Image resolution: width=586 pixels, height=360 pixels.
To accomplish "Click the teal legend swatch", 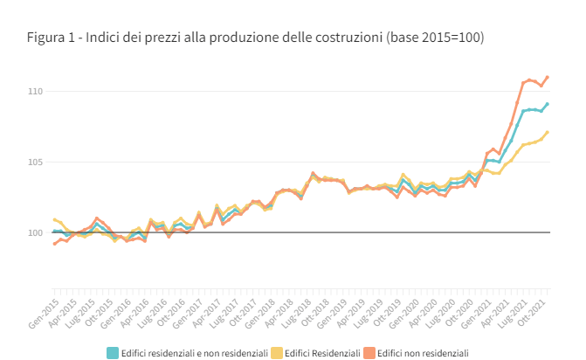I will pos(113,353).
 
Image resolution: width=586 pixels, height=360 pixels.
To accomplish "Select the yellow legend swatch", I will pos(277,353).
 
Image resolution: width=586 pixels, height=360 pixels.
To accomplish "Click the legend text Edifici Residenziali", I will pos(322,353).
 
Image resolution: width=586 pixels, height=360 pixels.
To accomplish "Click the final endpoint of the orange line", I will pos(548,77).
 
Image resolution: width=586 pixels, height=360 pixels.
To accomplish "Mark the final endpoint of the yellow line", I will pos(548,132).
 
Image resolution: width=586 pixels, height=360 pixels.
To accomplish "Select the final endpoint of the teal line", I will pos(548,103).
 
